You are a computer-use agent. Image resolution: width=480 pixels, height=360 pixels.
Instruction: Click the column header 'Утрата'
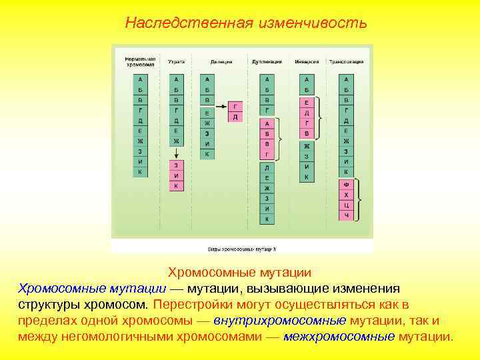click(176, 61)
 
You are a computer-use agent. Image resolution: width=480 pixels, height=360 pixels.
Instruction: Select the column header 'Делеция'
click(221, 61)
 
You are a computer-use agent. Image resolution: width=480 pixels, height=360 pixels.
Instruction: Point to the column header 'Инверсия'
click(307, 61)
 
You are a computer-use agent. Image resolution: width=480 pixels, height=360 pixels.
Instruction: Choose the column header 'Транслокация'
click(346, 61)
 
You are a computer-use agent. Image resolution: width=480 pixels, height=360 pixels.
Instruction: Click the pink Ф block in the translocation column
click(346, 184)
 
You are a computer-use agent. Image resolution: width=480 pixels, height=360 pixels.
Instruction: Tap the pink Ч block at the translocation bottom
click(346, 215)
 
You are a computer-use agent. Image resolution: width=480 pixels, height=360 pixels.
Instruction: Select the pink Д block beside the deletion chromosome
click(235, 117)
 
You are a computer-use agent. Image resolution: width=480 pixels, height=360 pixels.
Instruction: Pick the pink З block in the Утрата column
click(176, 165)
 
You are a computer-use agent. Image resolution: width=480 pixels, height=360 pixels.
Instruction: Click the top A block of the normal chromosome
click(140, 79)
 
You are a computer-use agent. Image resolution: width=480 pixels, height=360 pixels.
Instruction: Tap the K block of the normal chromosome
click(140, 172)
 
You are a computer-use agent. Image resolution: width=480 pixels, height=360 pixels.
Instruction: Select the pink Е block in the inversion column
click(306, 103)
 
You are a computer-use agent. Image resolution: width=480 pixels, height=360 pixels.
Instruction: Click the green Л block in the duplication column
click(267, 167)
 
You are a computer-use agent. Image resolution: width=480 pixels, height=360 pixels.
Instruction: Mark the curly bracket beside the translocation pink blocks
click(360, 199)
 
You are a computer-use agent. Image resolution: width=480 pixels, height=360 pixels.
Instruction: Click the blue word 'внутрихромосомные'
click(285, 320)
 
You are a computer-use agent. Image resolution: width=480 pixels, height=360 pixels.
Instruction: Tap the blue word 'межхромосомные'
click(339, 335)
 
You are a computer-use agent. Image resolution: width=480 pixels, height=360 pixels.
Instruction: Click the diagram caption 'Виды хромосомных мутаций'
click(241, 248)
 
